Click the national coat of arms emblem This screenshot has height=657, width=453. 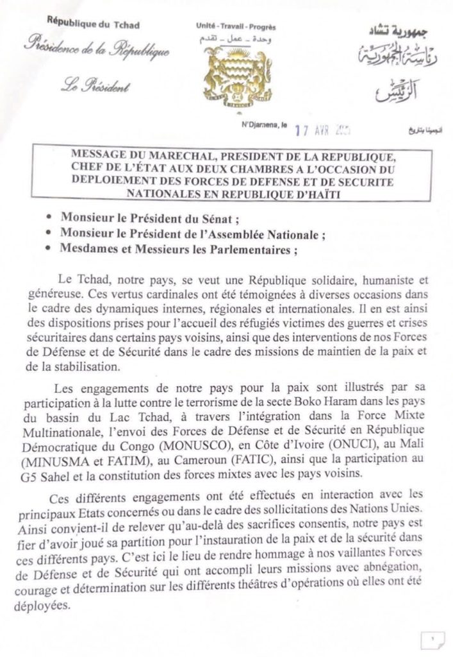[229, 73]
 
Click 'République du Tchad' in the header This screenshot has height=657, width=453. [94, 25]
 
